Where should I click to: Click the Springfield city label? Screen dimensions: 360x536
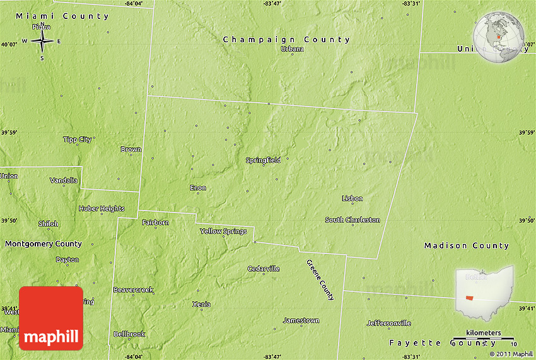tap(263, 160)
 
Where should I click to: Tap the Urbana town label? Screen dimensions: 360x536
tap(292, 49)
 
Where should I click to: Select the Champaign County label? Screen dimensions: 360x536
tap(286, 40)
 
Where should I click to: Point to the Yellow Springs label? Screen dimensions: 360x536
tap(223, 231)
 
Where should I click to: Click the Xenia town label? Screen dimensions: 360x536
tap(201, 304)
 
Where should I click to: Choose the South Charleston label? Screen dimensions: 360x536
tap(352, 220)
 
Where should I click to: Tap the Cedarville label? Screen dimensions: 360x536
tap(264, 269)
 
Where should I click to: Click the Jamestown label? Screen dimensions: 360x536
tap(301, 320)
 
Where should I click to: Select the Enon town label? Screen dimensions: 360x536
tap(198, 188)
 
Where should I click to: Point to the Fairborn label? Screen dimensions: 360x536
tap(155, 223)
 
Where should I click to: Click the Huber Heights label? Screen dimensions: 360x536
tap(102, 209)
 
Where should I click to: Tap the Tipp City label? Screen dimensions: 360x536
tap(78, 139)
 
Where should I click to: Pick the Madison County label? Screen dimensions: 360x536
tap(466, 246)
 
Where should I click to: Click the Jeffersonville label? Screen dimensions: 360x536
tap(388, 323)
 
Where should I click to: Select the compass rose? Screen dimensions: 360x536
tap(42, 42)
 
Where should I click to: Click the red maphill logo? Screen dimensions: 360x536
tap(51, 318)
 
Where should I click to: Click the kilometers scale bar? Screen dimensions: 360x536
tap(484, 339)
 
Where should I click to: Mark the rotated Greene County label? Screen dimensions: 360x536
tap(320, 279)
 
